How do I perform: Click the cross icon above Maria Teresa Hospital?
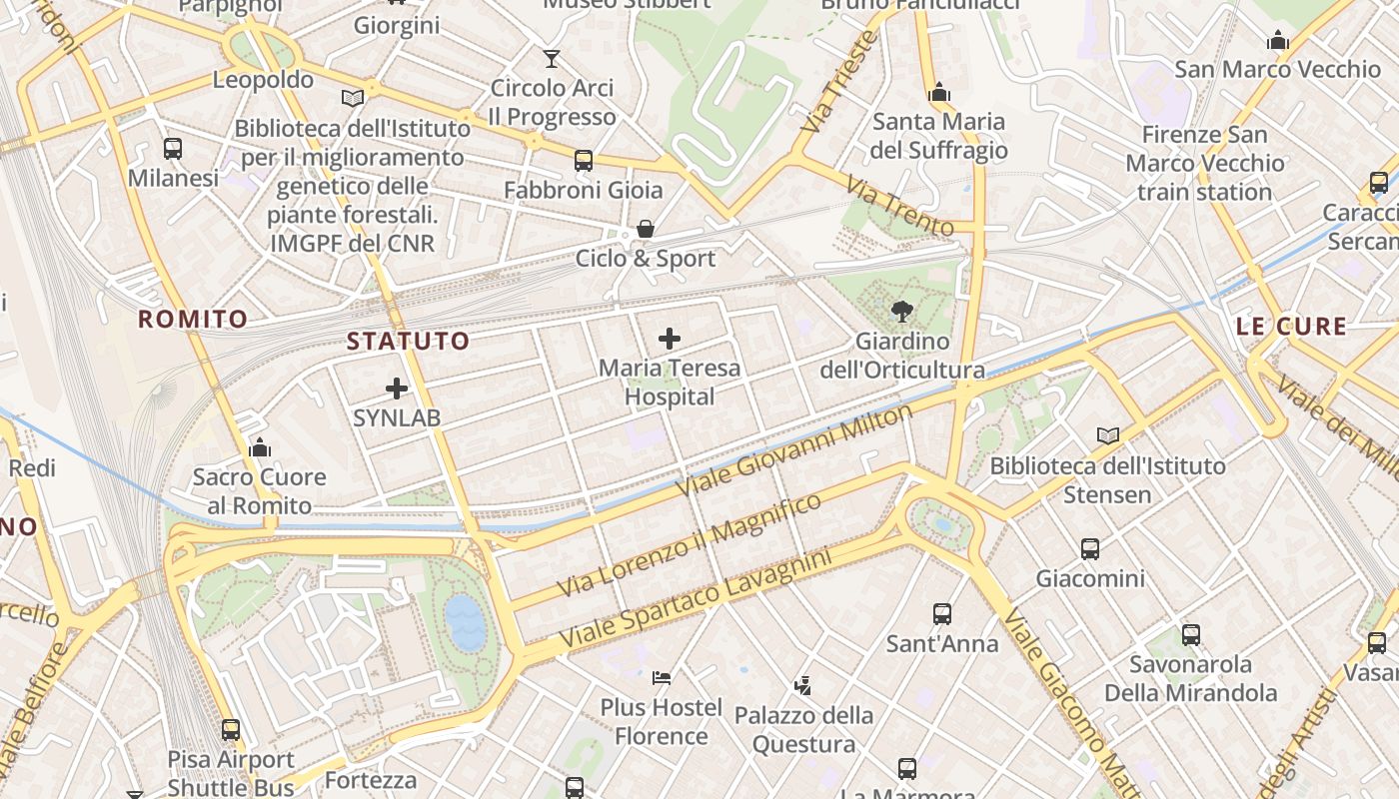pos(670,339)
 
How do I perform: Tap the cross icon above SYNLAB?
pos(397,389)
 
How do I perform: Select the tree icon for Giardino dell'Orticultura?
pos(902,311)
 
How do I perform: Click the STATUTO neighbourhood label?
pos(408,342)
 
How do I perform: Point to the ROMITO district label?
pos(193,320)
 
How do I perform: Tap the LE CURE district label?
pos(1291,327)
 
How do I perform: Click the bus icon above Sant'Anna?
pos(941,614)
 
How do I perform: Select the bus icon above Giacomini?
pos(1090,548)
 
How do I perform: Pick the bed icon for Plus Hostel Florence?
pos(662,678)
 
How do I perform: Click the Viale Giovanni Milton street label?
pos(795,451)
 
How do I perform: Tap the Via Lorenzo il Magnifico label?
pos(690,545)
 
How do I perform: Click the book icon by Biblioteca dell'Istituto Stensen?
pos(1108,435)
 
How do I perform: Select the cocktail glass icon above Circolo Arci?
pos(551,59)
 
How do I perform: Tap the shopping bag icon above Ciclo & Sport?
pos(646,230)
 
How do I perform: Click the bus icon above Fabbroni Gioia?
pos(584,160)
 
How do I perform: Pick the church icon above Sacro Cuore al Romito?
pos(260,447)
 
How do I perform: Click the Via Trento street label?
pos(899,207)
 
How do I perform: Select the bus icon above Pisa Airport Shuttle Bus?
pos(231,730)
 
